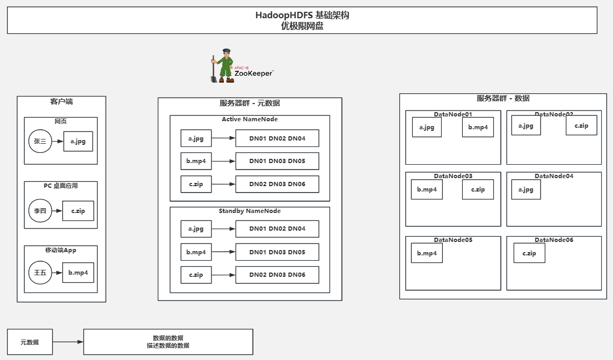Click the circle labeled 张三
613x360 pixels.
(x=40, y=142)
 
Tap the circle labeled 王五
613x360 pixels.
(x=40, y=273)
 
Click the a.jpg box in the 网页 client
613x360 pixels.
(x=78, y=142)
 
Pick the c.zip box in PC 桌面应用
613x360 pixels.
(x=78, y=211)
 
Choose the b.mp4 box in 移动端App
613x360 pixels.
(x=78, y=273)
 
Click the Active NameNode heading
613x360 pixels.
(x=250, y=119)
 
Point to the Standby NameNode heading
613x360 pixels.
(x=250, y=211)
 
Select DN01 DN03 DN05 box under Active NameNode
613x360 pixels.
(x=277, y=161)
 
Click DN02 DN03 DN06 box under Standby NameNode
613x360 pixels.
(x=277, y=275)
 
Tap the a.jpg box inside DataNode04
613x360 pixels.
(x=526, y=189)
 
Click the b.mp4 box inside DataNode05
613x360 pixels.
(x=427, y=253)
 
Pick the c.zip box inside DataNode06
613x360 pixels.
(x=529, y=253)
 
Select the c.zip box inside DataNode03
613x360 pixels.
(x=478, y=189)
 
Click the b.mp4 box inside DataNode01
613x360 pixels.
(x=478, y=127)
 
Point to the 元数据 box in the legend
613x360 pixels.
(x=30, y=342)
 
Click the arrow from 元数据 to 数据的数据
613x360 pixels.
(x=68, y=342)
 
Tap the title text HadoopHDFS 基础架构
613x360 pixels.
(x=302, y=16)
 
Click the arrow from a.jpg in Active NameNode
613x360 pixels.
(x=223, y=138)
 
